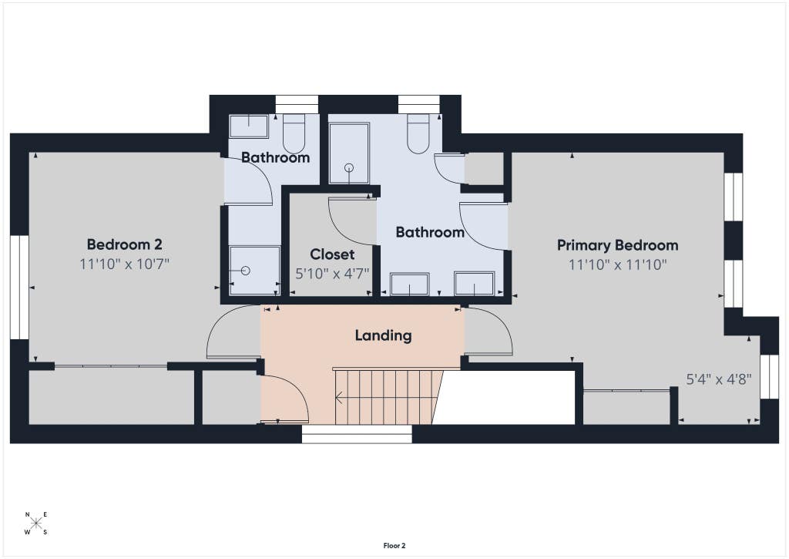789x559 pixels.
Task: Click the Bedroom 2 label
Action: click(x=124, y=244)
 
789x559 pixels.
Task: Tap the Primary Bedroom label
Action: click(x=617, y=246)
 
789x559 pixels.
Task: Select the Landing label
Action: click(x=384, y=336)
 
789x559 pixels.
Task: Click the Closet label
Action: click(x=332, y=254)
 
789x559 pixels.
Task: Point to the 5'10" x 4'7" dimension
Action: click(x=332, y=274)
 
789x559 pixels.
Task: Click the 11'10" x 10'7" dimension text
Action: click(x=124, y=264)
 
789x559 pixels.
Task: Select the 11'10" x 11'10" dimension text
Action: click(x=617, y=264)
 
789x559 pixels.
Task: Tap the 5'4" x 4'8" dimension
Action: click(x=719, y=379)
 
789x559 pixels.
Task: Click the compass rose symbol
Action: click(x=35, y=524)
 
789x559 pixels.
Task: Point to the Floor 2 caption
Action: click(x=394, y=546)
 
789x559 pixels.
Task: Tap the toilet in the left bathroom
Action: click(x=294, y=134)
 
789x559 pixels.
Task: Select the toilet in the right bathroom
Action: click(x=418, y=134)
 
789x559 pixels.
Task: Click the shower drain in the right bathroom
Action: click(x=349, y=168)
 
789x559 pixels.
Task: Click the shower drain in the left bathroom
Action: click(x=246, y=271)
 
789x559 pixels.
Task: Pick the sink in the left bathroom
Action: click(x=249, y=126)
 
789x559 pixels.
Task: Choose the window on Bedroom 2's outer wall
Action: click(x=19, y=287)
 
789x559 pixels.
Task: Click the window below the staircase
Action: click(x=357, y=434)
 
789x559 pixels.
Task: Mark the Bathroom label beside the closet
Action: click(x=430, y=232)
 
